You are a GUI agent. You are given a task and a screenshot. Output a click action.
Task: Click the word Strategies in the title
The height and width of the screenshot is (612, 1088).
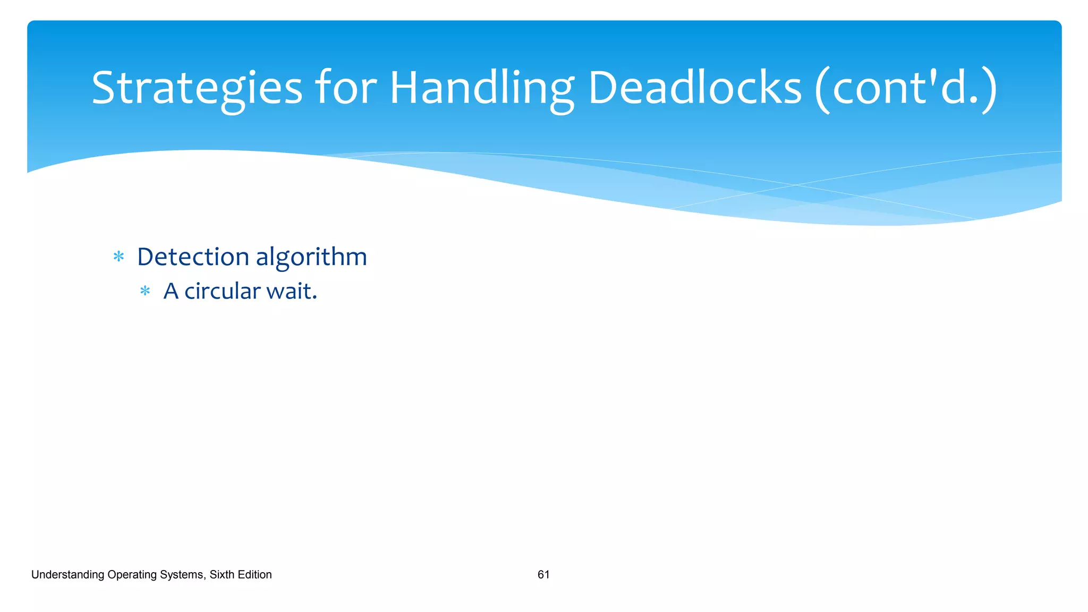point(197,88)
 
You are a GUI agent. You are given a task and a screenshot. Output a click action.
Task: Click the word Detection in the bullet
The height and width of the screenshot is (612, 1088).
point(193,257)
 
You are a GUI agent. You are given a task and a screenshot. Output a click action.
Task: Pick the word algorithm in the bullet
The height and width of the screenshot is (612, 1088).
point(311,258)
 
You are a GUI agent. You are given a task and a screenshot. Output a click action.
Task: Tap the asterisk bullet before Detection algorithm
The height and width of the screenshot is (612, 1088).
point(119,257)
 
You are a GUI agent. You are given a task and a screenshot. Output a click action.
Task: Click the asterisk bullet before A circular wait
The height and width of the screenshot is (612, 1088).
point(145,291)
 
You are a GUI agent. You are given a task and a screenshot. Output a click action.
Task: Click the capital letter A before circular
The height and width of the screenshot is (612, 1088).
point(171,291)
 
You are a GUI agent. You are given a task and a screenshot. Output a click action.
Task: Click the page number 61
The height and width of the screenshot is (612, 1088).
point(543,574)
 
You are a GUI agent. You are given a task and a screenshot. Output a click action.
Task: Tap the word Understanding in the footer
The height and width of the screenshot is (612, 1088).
point(67,575)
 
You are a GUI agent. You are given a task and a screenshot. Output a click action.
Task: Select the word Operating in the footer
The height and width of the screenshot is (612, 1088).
point(130,575)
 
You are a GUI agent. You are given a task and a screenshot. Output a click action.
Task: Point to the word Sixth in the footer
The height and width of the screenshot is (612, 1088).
point(221,574)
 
